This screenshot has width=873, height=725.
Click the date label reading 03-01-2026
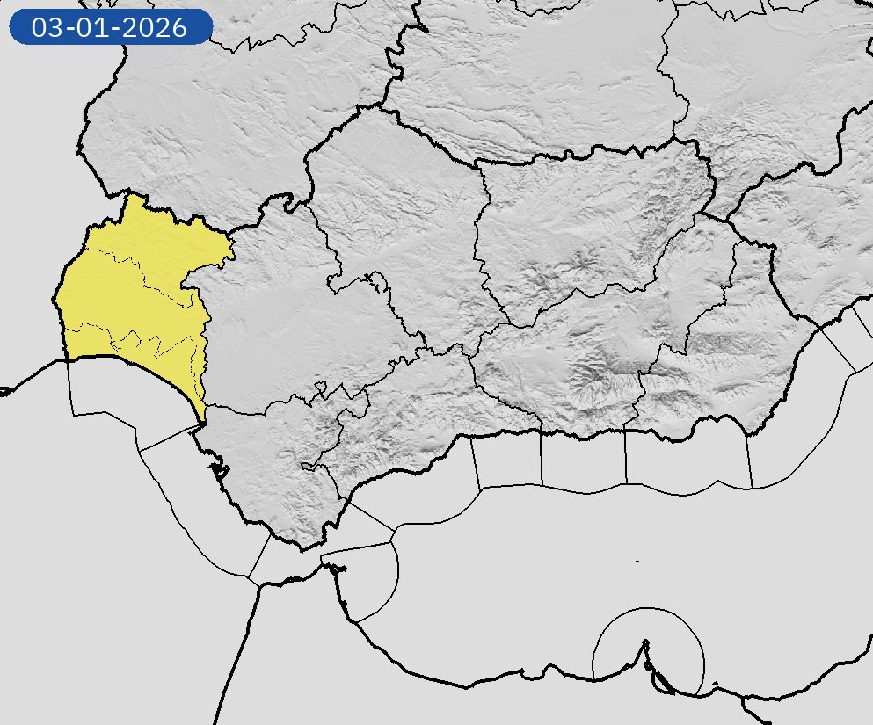click(x=110, y=27)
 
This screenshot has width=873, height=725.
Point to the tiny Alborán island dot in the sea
click(x=637, y=561)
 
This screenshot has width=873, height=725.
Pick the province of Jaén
click(x=589, y=228)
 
